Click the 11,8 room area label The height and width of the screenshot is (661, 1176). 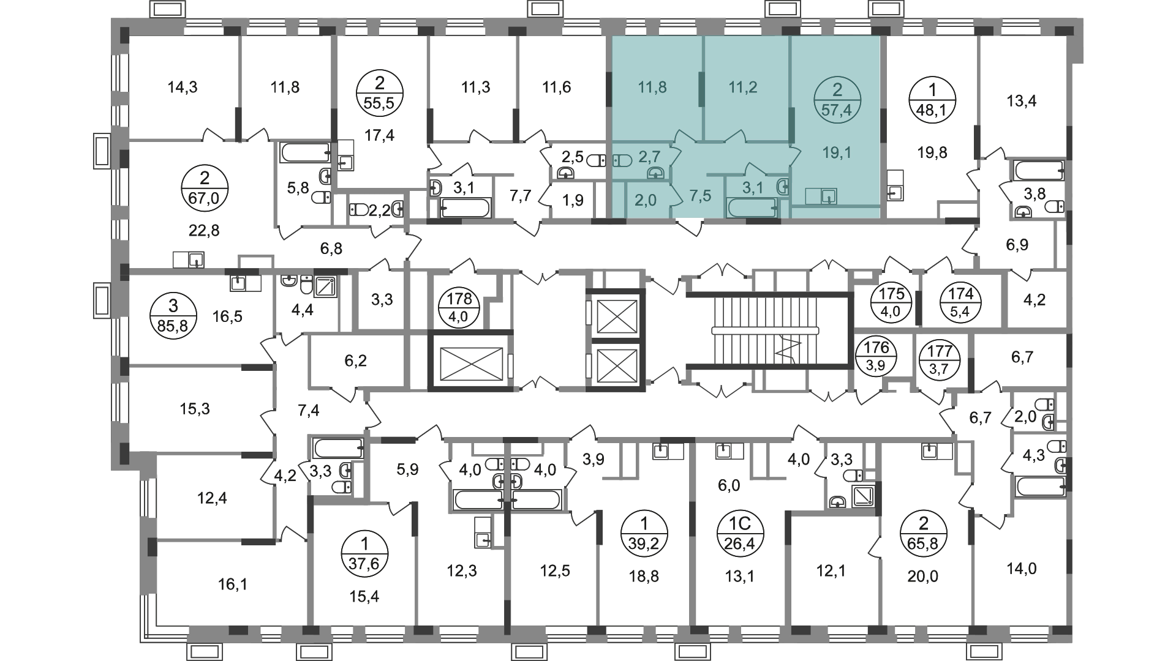[652, 88]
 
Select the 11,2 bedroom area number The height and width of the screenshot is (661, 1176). [742, 88]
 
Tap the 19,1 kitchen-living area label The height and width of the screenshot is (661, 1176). [837, 152]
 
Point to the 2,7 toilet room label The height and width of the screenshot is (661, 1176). [649, 157]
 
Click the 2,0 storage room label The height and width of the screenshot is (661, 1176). [646, 200]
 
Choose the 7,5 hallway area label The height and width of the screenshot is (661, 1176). [700, 196]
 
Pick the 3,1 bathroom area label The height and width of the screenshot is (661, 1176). [752, 187]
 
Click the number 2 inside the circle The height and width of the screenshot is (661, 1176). [837, 90]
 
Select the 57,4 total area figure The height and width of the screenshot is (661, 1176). [837, 111]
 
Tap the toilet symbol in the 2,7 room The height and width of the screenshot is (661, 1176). [622, 160]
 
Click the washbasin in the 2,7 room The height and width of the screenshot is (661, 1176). [655, 173]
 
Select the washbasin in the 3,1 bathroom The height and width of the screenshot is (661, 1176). [783, 186]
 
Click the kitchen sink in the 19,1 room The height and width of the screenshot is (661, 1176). [821, 196]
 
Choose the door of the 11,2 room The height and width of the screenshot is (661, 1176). [735, 136]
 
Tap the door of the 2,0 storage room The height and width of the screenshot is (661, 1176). [677, 195]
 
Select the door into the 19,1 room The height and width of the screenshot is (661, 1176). [794, 156]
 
